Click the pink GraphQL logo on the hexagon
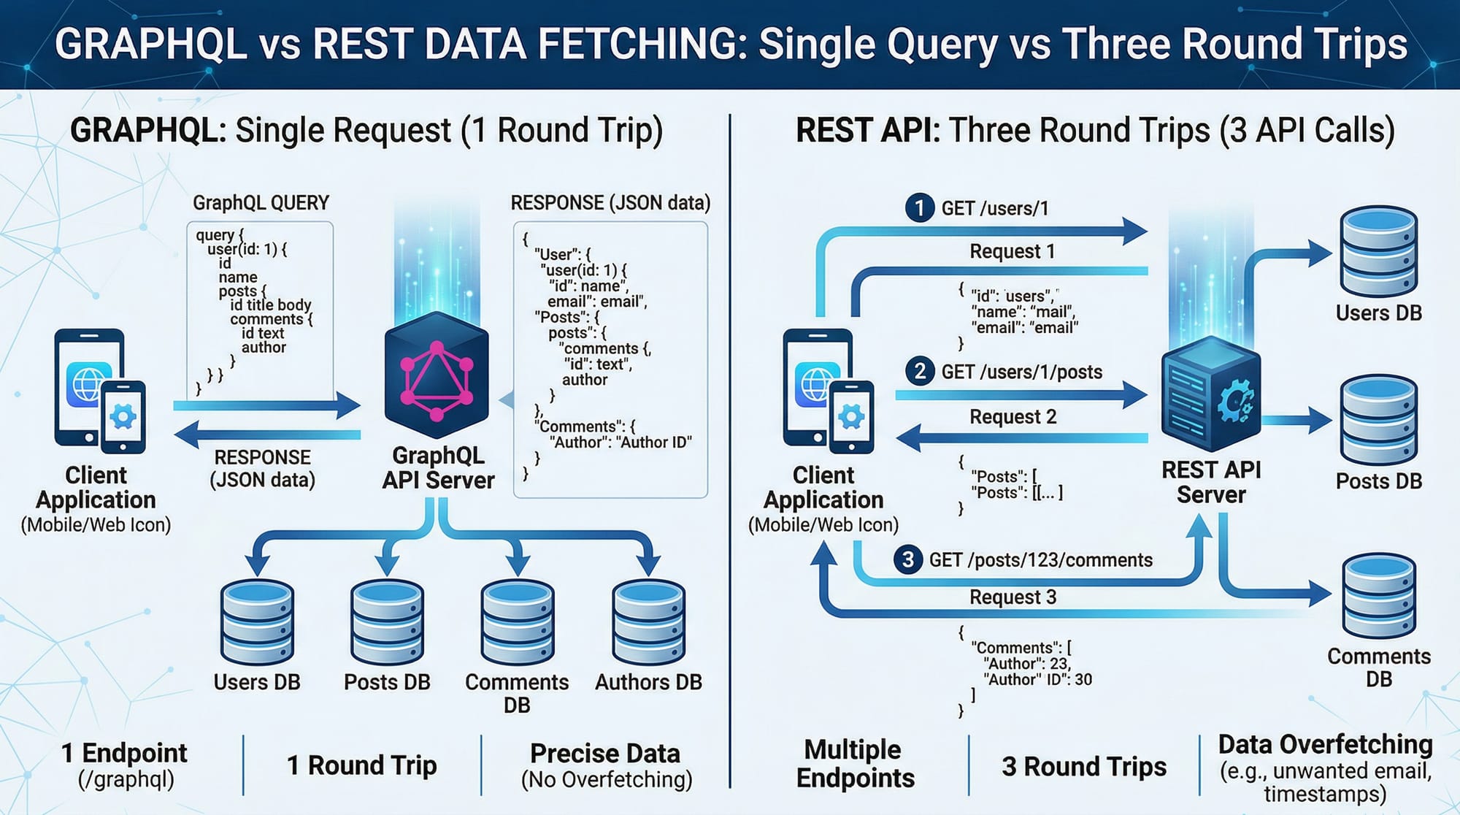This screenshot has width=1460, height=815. coord(437,380)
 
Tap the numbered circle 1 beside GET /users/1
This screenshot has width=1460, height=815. coord(919,207)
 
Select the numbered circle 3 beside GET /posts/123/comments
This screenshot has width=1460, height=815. coord(907,559)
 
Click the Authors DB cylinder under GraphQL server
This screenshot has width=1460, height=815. coord(648,622)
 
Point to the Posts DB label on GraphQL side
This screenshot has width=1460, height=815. coord(387,682)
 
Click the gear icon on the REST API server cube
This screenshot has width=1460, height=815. coord(1235,401)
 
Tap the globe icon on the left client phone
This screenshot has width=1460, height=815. coord(88,383)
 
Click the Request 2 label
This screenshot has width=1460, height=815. coord(1013,416)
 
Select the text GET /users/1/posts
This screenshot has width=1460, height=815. coord(1021,372)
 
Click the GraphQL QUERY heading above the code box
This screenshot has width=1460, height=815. coord(261,202)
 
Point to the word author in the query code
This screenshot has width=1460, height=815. coord(264,348)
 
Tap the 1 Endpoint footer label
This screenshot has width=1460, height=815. coord(124,753)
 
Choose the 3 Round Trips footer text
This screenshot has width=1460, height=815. coord(1084,766)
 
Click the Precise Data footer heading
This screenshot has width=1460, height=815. coord(605,753)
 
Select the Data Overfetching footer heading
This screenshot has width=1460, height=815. coord(1325,744)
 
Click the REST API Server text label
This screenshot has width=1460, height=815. coord(1211,482)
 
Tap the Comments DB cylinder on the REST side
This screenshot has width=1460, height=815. coord(1378,595)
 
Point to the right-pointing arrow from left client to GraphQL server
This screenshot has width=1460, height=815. coord(267,405)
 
